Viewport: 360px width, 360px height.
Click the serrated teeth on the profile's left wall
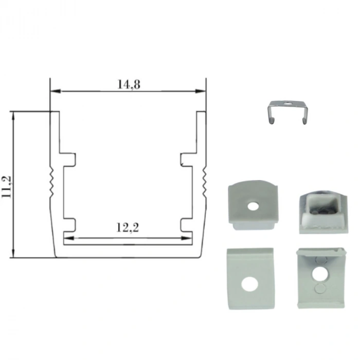coord(51,183)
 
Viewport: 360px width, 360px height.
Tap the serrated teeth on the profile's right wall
coord(204,183)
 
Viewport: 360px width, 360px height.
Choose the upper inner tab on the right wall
coord(186,159)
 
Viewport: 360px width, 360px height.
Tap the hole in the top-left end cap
coord(252,206)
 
